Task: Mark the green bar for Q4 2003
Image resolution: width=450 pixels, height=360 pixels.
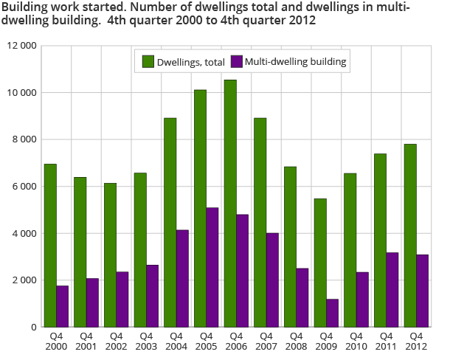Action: [x=140, y=250]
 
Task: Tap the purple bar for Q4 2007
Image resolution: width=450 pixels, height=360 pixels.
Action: [x=272, y=280]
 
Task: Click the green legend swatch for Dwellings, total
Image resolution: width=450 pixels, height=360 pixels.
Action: [x=148, y=62]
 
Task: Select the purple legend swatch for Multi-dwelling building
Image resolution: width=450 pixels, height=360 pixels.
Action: [x=238, y=62]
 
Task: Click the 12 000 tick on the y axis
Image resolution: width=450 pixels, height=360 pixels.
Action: [x=21, y=46]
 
